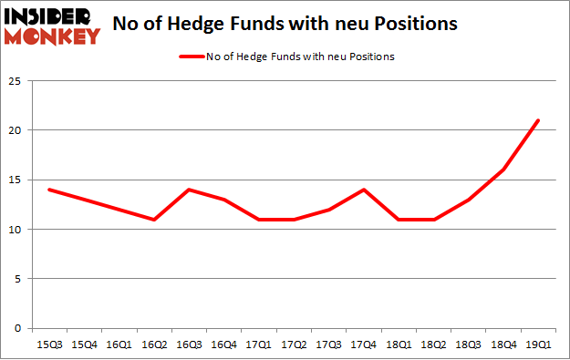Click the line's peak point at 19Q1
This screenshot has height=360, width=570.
[x=538, y=120]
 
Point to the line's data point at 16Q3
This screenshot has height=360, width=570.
[x=188, y=190]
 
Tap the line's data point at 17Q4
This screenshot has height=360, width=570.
[x=363, y=190]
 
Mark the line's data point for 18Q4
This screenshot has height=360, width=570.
[x=503, y=170]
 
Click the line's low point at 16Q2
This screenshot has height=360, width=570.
[x=153, y=220]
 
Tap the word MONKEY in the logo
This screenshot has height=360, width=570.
[x=53, y=37]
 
